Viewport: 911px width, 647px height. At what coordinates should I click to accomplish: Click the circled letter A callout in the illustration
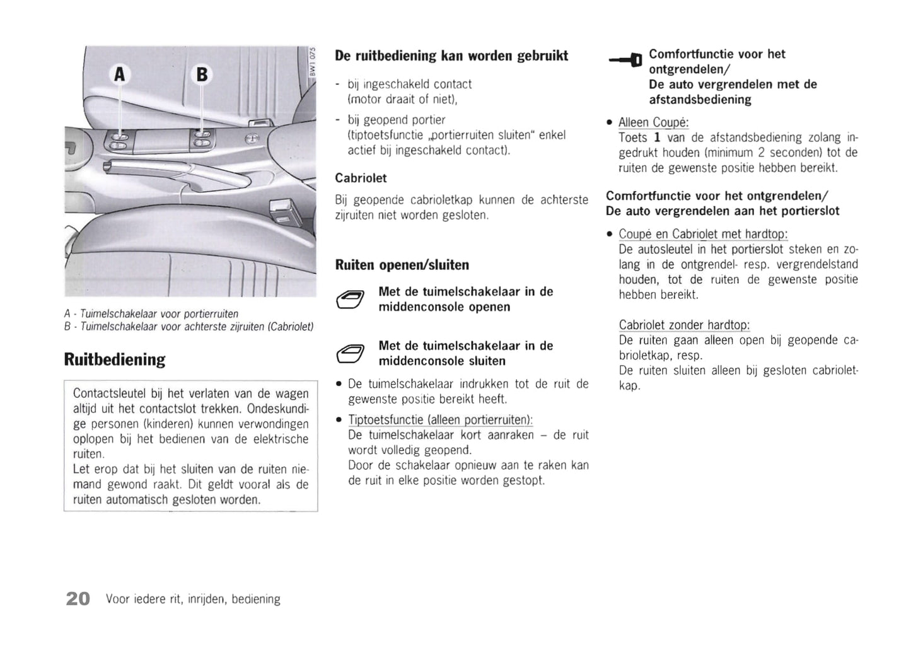pyautogui.click(x=119, y=75)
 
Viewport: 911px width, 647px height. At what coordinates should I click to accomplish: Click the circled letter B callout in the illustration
pyautogui.click(x=202, y=75)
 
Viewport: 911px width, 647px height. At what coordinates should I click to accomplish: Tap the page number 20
pyautogui.click(x=78, y=598)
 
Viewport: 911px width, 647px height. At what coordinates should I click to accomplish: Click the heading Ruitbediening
pyautogui.click(x=115, y=359)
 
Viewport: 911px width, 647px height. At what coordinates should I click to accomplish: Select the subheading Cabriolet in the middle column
pyautogui.click(x=361, y=178)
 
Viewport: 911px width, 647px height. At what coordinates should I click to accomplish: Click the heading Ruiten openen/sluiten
pyautogui.click(x=402, y=265)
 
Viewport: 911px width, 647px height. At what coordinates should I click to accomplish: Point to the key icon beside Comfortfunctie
pyautogui.click(x=625, y=60)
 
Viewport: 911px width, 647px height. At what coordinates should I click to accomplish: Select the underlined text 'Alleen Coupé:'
pyautogui.click(x=653, y=122)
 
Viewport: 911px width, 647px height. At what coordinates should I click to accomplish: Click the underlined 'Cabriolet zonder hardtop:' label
pyautogui.click(x=684, y=325)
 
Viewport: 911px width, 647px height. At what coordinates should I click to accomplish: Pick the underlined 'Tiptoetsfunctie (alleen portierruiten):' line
pyautogui.click(x=440, y=420)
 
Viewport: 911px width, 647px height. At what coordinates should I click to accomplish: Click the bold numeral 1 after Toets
pyautogui.click(x=657, y=137)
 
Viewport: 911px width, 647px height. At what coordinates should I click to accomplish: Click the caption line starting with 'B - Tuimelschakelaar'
pyautogui.click(x=189, y=327)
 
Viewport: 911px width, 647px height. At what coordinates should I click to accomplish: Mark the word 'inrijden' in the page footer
pyautogui.click(x=206, y=599)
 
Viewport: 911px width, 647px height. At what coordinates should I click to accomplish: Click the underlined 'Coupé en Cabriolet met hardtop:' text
pyautogui.click(x=703, y=234)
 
